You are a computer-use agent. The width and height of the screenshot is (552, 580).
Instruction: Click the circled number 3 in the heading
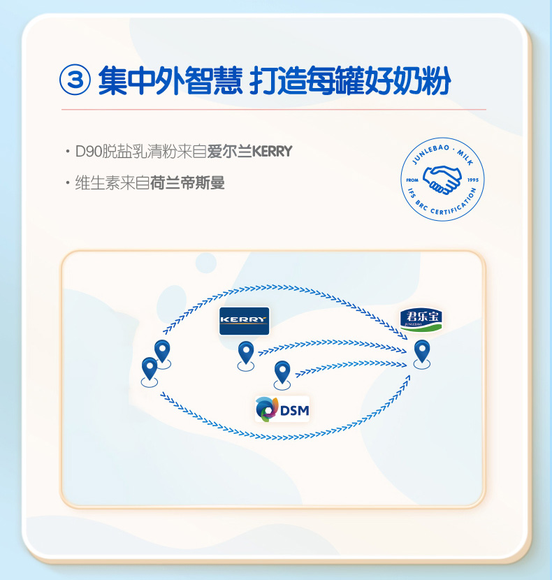click(x=76, y=82)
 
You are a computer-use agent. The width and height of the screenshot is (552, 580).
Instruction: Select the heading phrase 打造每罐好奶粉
click(x=350, y=82)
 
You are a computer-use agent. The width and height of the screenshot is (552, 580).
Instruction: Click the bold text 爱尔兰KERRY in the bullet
click(x=249, y=151)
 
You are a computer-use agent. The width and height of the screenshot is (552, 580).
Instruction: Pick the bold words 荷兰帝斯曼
click(x=187, y=183)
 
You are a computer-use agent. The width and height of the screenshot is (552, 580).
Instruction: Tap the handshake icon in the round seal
click(x=443, y=180)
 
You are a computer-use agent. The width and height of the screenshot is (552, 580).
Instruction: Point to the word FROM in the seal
click(x=412, y=180)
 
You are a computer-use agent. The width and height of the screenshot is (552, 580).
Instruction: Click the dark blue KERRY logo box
click(x=244, y=320)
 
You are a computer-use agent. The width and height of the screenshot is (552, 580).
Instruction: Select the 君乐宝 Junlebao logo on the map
click(x=421, y=319)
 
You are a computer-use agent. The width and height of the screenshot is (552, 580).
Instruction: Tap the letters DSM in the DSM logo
click(x=294, y=409)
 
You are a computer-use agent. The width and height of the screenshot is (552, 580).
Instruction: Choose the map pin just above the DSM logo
click(x=282, y=372)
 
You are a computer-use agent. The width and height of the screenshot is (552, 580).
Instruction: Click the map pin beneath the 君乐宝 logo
click(x=421, y=351)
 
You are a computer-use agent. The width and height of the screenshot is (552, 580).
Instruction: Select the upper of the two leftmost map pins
click(x=162, y=350)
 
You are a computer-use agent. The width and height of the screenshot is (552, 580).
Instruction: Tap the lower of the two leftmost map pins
click(x=149, y=368)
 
